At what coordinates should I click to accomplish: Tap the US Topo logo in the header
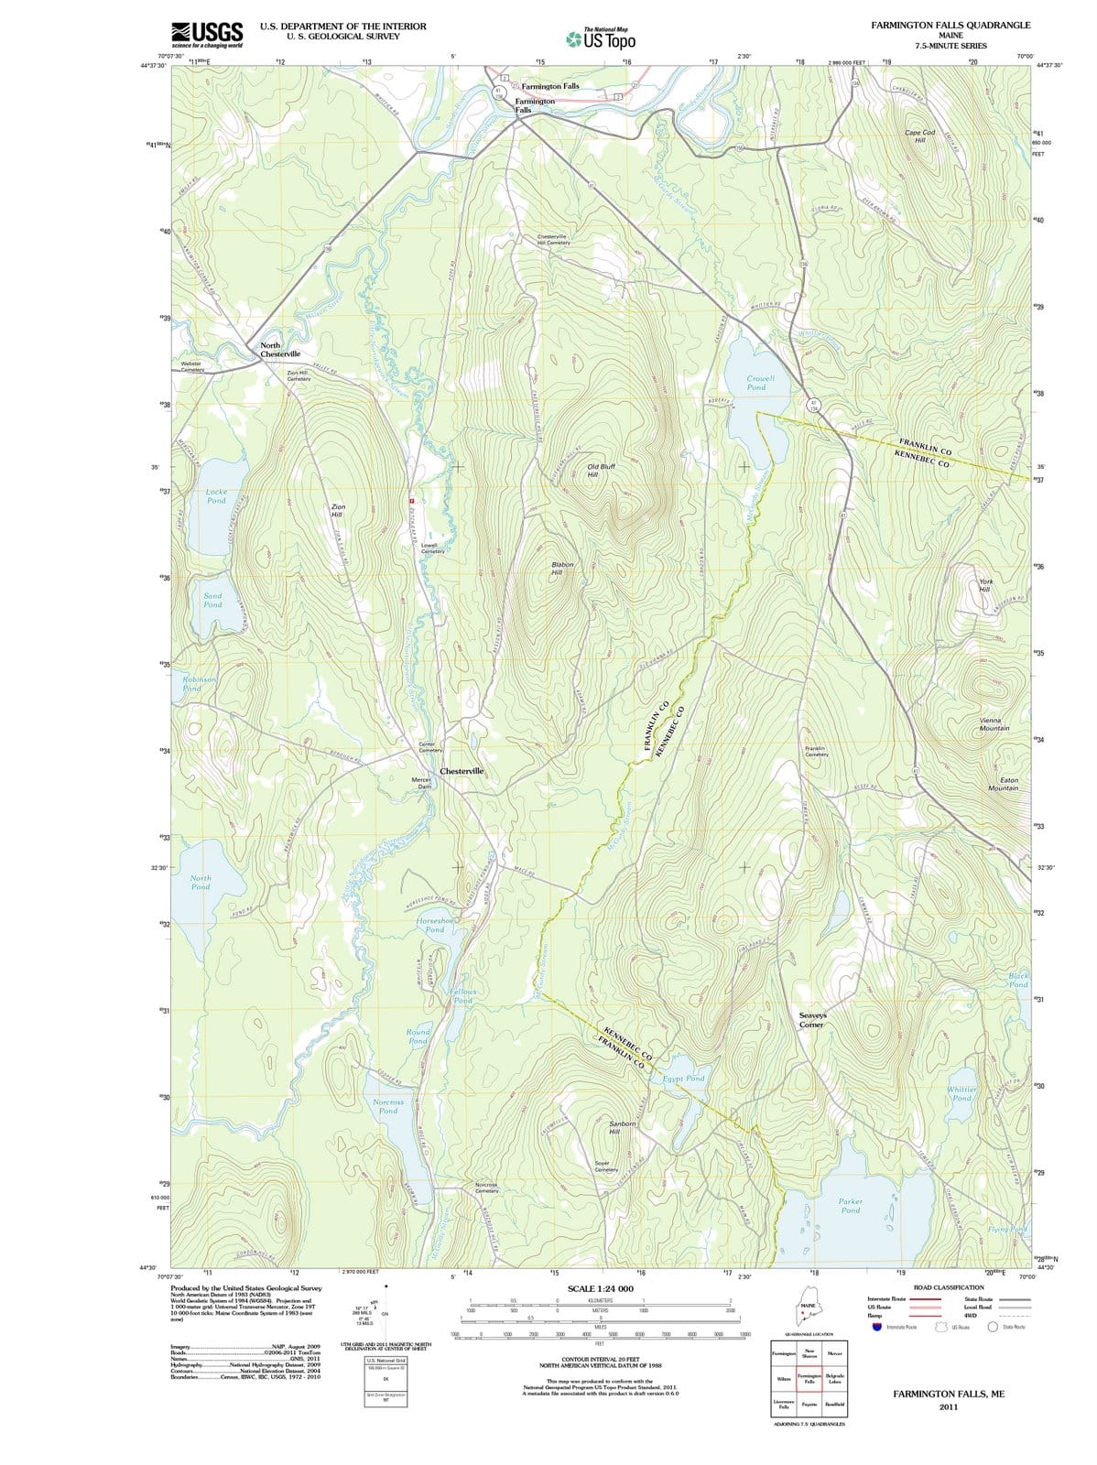tap(601, 39)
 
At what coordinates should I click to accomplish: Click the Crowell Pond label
tap(760, 383)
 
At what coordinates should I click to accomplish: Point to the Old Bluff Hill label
tap(601, 471)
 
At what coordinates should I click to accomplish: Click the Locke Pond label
tap(216, 496)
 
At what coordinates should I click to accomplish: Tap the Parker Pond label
tap(850, 1206)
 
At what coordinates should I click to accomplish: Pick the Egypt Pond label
tap(682, 1079)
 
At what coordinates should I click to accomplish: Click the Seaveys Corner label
tap(812, 1020)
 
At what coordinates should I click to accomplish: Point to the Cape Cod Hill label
tap(919, 136)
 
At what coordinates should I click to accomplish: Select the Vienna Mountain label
tap(994, 724)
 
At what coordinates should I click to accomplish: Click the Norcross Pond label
tap(388, 1107)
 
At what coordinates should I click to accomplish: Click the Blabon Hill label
tap(562, 569)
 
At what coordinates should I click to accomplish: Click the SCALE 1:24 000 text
tap(601, 1289)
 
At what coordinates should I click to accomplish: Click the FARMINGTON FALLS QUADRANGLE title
tap(950, 25)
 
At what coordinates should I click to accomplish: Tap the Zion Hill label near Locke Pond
tap(337, 510)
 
